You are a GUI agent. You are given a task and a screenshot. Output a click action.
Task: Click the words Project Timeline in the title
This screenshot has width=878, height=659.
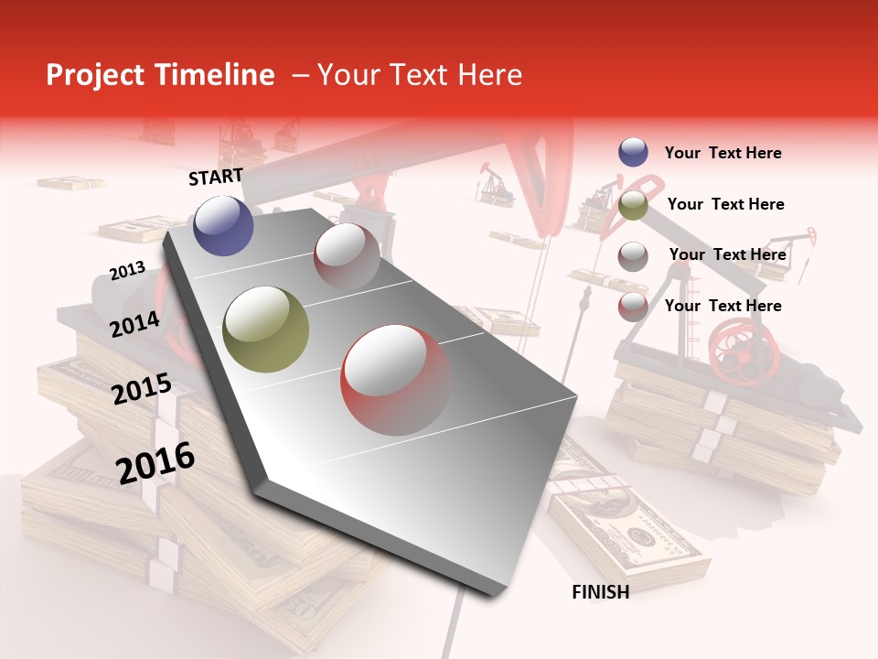[160, 75]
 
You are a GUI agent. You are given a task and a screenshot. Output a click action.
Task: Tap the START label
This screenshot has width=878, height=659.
[216, 177]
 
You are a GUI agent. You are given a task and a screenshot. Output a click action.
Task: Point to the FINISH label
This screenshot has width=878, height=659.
[600, 592]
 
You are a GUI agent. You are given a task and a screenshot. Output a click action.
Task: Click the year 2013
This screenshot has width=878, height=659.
[127, 271]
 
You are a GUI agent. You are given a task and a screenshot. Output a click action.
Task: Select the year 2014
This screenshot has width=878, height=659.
[134, 324]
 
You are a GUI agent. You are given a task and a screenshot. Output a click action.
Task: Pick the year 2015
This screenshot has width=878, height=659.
[142, 389]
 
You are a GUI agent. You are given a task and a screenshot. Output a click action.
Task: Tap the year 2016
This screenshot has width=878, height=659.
[155, 462]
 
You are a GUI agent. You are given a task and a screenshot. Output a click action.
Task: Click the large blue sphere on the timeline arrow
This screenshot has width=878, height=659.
[224, 225]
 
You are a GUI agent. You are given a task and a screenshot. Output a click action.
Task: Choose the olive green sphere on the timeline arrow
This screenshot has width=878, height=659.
[266, 329]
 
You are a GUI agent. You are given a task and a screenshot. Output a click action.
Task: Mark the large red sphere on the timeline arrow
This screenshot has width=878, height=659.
[395, 380]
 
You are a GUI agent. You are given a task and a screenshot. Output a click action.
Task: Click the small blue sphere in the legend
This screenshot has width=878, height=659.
[633, 153]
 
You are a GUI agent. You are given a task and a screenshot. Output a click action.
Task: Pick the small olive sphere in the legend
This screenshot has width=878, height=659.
[633, 205]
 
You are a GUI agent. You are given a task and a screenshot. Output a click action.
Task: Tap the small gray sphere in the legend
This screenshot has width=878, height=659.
[633, 256]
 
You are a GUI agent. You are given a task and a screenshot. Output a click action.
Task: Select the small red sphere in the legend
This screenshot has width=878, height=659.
[633, 307]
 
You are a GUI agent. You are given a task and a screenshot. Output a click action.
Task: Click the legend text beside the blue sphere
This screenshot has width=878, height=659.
[723, 153]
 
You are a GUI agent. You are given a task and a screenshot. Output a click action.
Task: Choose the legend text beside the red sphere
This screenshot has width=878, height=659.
[723, 306]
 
